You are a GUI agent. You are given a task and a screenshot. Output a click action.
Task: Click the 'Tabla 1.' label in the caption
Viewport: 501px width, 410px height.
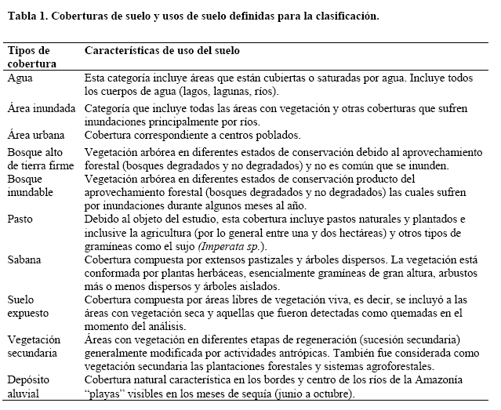[25, 16]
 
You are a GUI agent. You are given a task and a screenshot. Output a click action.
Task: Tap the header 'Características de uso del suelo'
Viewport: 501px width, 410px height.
[162, 51]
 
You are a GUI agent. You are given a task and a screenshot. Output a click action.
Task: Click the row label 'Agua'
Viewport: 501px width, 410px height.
[20, 78]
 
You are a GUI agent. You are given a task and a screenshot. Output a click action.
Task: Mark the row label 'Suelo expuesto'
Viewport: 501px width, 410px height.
[29, 307]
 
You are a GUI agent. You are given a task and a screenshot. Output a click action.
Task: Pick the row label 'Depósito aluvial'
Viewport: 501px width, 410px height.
[30, 386]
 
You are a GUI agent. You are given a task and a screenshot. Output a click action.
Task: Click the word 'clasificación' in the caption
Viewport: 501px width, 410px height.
[345, 16]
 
